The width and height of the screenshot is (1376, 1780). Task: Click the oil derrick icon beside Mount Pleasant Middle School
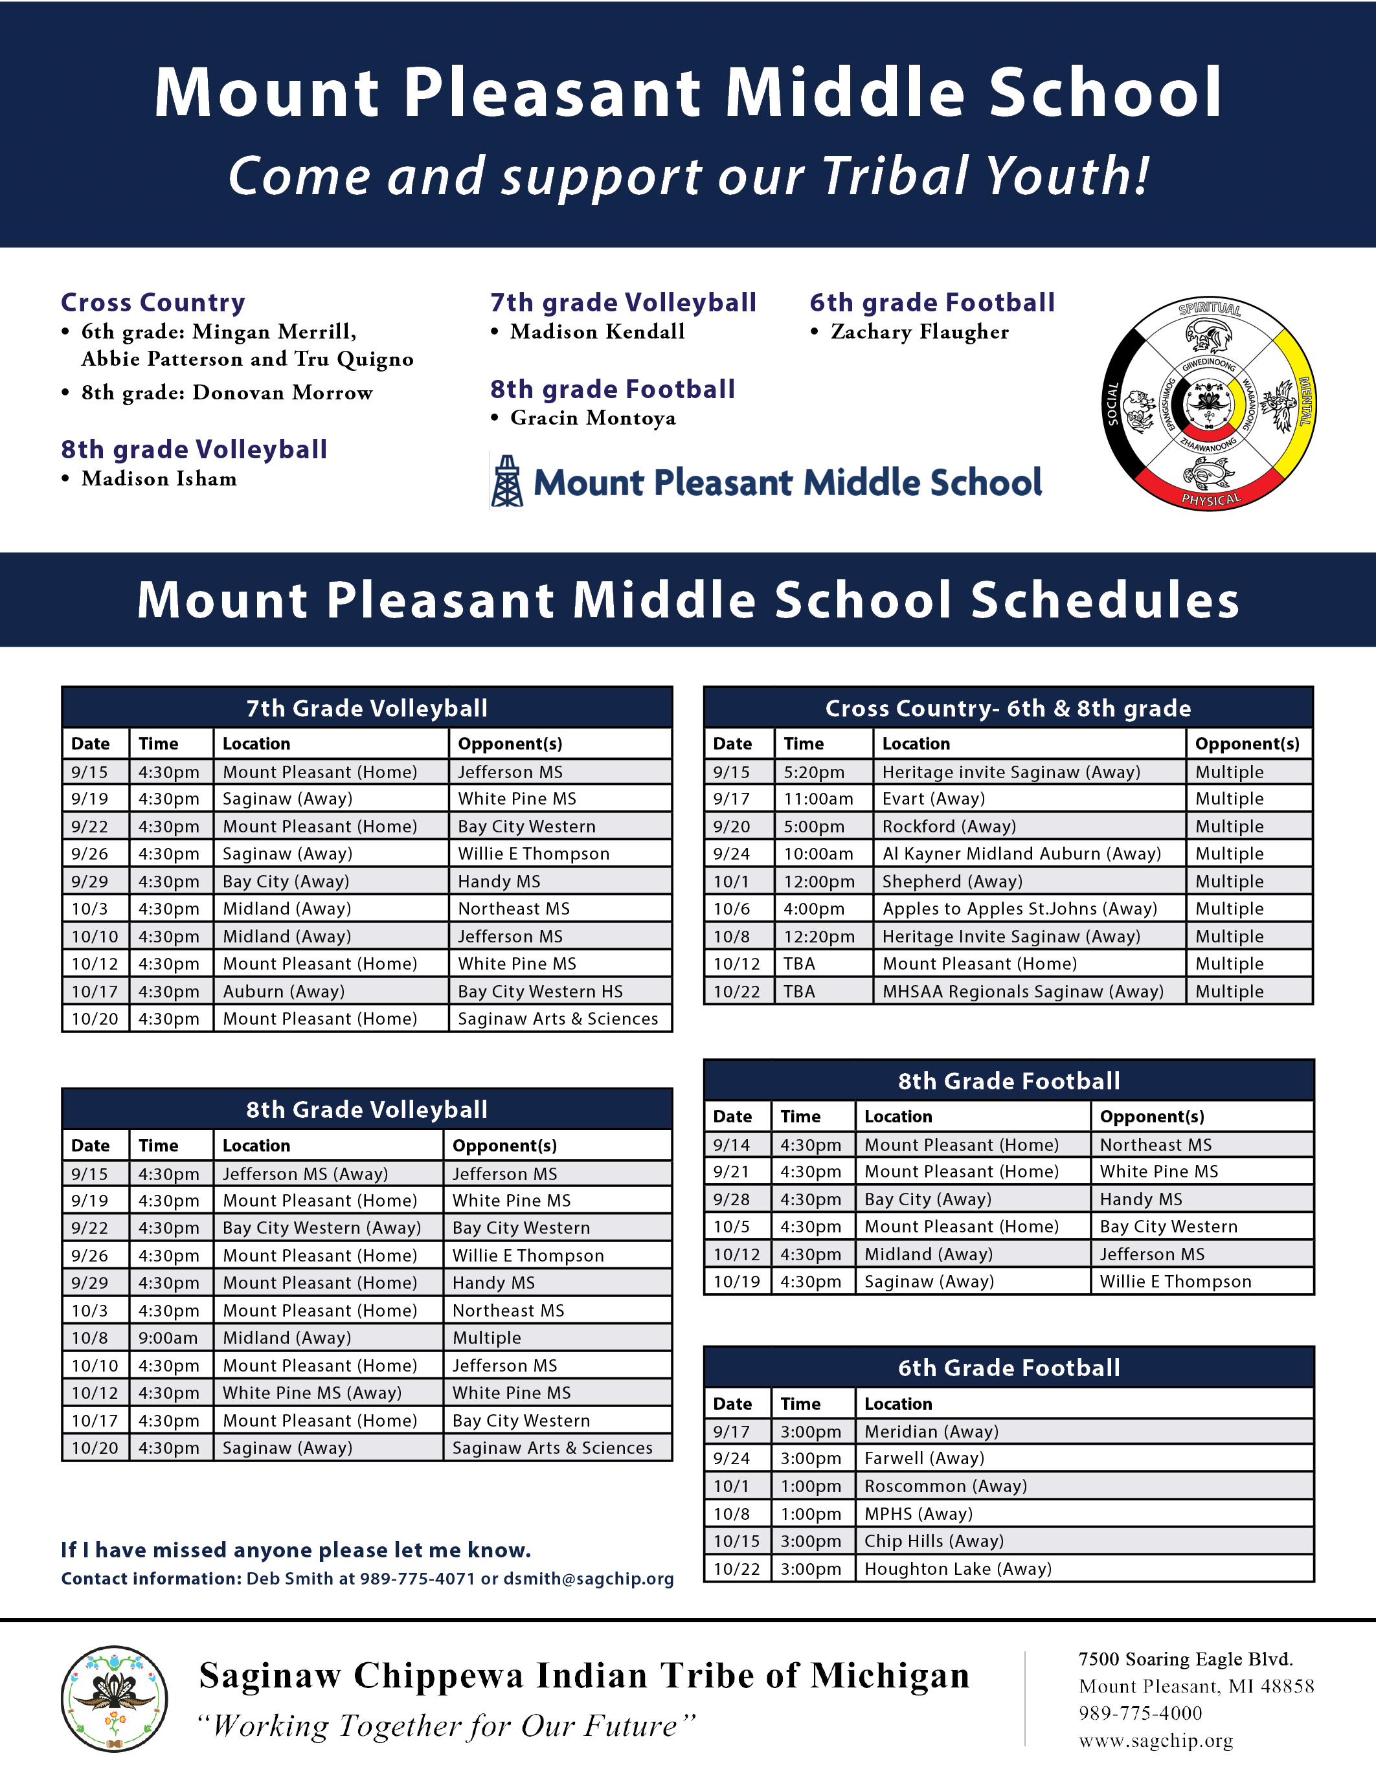click(x=507, y=482)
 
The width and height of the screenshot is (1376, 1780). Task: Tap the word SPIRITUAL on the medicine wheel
click(x=1210, y=309)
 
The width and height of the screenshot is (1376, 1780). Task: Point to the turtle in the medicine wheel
click(x=1209, y=471)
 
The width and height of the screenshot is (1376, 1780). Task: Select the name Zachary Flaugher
click(x=919, y=331)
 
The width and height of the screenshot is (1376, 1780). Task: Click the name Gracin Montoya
click(x=592, y=418)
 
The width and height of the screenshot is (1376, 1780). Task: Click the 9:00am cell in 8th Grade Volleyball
click(x=168, y=1337)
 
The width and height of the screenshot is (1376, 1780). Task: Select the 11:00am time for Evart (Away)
click(x=818, y=799)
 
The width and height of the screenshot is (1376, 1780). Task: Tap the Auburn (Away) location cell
click(x=284, y=991)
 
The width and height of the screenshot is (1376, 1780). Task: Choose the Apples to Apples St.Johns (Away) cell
click(x=1020, y=909)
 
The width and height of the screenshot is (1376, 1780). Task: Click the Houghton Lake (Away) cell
click(x=958, y=1568)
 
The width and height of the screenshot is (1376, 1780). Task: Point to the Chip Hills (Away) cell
click(x=934, y=1541)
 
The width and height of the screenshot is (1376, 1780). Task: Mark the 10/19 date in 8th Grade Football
click(x=736, y=1281)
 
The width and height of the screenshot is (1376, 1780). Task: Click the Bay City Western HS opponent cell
click(x=541, y=991)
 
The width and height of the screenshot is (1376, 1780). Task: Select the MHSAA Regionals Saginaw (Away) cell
click(x=1023, y=991)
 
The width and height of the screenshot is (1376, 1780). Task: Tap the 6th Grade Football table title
click(x=1008, y=1368)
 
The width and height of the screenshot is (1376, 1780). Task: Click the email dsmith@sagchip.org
click(x=589, y=1579)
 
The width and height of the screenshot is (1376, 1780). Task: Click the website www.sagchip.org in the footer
click(x=1156, y=1741)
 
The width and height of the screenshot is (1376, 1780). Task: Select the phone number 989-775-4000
click(x=1140, y=1713)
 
